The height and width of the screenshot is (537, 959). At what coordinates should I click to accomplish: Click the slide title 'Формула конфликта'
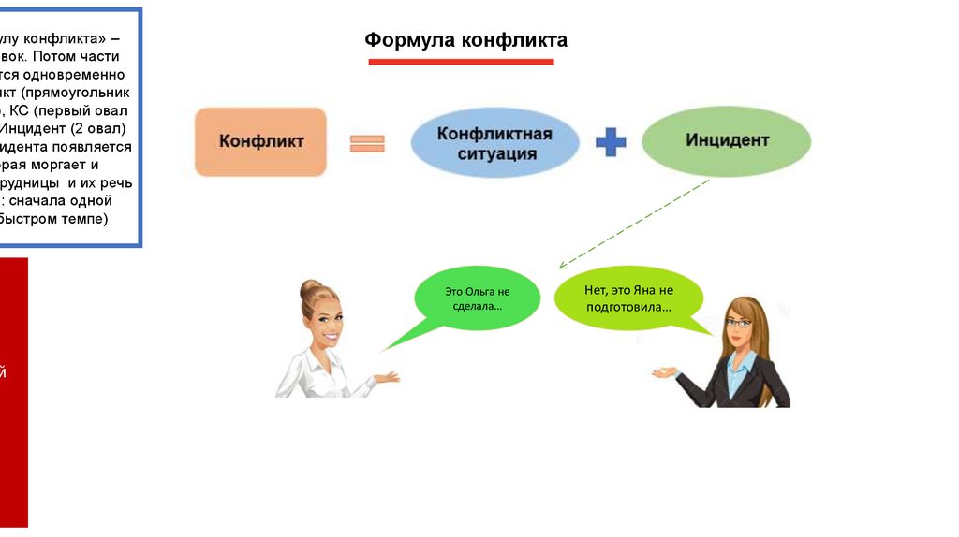click(x=465, y=40)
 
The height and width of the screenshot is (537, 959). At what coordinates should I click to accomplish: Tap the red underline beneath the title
click(x=461, y=62)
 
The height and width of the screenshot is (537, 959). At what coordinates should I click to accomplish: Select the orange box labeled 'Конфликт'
click(x=261, y=141)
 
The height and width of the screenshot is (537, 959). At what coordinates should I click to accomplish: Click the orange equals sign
click(x=368, y=143)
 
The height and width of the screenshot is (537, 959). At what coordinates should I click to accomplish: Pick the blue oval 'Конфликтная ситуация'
click(x=494, y=143)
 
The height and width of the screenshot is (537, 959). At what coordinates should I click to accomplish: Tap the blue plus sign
click(x=611, y=142)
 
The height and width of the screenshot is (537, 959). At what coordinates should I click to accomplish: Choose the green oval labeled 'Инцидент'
click(x=727, y=141)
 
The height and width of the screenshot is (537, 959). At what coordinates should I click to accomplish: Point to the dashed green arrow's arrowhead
click(x=561, y=267)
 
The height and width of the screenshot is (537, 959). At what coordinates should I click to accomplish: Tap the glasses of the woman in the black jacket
click(x=739, y=324)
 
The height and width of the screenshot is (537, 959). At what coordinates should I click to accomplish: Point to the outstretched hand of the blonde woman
click(x=387, y=377)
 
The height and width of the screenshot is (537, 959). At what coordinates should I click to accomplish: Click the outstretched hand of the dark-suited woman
click(x=664, y=372)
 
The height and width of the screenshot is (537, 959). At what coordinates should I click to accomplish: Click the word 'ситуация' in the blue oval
click(x=494, y=153)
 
